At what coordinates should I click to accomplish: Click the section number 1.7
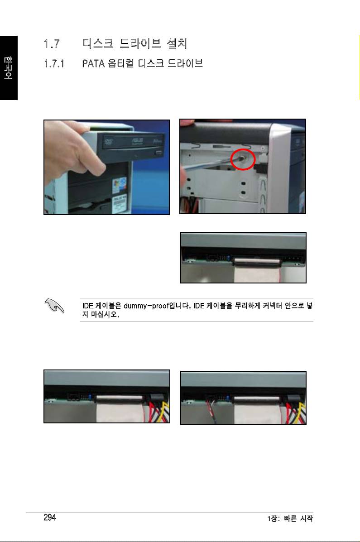coord(52,44)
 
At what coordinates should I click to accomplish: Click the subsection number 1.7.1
coord(54,63)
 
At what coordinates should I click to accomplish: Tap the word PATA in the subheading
coord(93,63)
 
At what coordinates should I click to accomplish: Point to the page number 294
coord(50,517)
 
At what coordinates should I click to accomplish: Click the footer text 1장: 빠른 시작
coord(290,518)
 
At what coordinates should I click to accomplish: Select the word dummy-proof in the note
coord(146,306)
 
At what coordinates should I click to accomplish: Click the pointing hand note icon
coord(54,306)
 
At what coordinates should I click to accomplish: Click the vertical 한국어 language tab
coord(8,68)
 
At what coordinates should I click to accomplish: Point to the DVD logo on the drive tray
coord(109,140)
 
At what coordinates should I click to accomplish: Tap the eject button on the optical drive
coord(159,153)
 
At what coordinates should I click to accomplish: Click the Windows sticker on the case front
coord(119,186)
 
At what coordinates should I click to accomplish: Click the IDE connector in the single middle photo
coord(257,262)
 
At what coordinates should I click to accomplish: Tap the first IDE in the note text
coord(87,306)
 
